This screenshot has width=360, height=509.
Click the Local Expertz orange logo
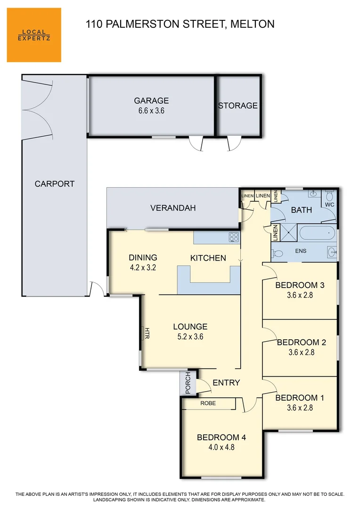point(34,35)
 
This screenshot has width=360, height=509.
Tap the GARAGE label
point(151,100)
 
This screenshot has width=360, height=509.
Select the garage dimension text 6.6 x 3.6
point(151,111)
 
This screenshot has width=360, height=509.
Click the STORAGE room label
point(238,106)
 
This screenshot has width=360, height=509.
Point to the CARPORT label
point(55,184)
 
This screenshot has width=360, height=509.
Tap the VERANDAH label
point(172,208)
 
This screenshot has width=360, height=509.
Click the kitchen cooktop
point(234,237)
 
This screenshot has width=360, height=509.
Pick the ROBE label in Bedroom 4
point(208,404)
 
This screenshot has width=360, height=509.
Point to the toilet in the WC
point(330,196)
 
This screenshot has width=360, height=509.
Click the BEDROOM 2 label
point(301,342)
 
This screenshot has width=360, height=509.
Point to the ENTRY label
point(226,383)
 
